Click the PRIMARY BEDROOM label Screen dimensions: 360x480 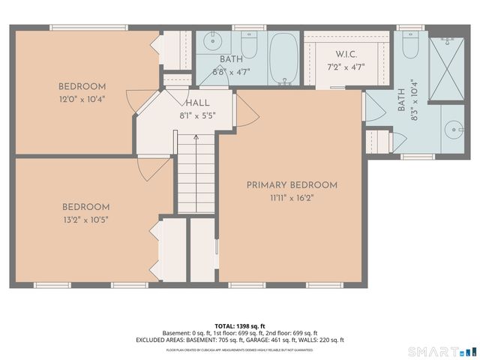[x=292, y=184]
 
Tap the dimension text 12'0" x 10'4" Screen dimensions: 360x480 [x=82, y=98]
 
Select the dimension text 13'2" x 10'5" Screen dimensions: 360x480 [x=85, y=219]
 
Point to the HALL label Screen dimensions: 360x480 [x=197, y=103]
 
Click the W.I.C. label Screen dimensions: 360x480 [x=346, y=54]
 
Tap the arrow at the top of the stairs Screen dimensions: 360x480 [x=196, y=136]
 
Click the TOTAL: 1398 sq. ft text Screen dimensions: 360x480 [x=240, y=326]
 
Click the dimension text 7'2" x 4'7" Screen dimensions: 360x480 [x=346, y=67]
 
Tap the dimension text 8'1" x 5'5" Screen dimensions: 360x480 [x=197, y=115]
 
